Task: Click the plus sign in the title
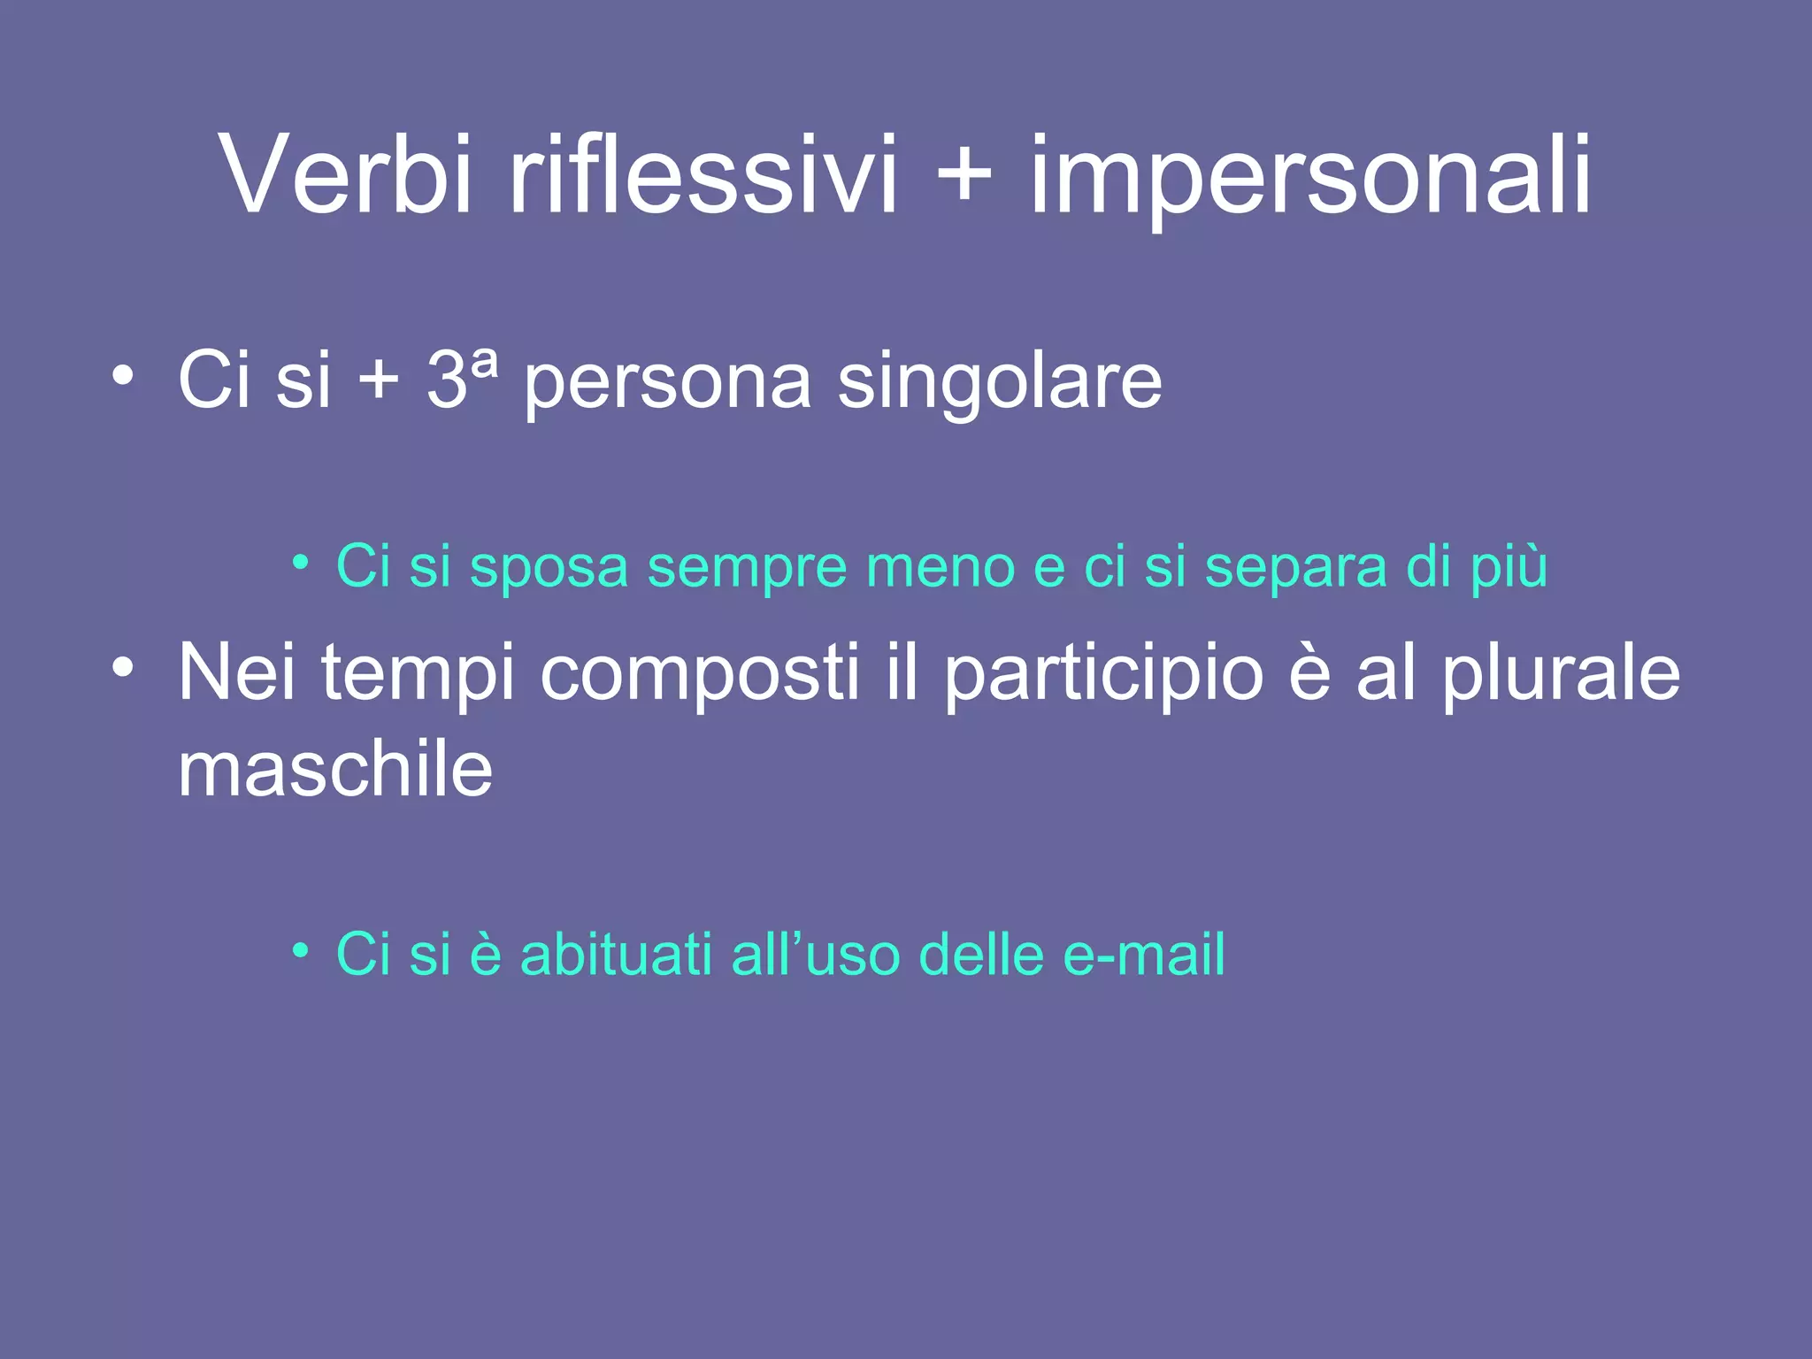click(964, 174)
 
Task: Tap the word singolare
click(1000, 382)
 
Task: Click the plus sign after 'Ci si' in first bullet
click(379, 380)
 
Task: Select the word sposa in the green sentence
click(549, 567)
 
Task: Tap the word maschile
click(335, 770)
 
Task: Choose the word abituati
click(616, 955)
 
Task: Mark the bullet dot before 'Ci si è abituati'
click(301, 951)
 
